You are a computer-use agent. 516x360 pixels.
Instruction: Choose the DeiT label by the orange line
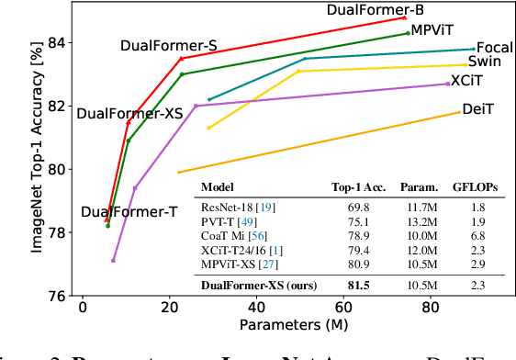coord(478,109)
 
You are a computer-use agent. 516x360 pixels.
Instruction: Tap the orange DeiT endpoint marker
coord(458,112)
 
